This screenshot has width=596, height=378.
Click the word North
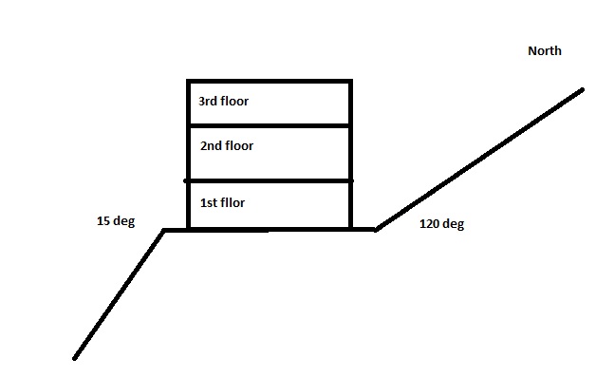pos(544,51)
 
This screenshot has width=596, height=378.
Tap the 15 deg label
pos(116,222)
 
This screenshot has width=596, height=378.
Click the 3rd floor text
pos(223,101)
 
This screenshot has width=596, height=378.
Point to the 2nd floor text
pos(227,146)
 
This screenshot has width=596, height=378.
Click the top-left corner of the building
pos(188,82)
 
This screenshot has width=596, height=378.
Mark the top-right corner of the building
pos(351,82)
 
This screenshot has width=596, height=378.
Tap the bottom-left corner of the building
pos(188,229)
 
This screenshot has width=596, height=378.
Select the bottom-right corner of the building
pos(351,229)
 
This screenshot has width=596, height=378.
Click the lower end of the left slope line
pos(74,358)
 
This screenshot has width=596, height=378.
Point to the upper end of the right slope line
pos(582,90)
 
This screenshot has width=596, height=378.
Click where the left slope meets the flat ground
pos(165,230)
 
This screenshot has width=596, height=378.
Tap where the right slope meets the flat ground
pos(377,229)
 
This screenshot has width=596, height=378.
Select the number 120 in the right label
pos(430,225)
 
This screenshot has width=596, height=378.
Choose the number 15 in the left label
pos(103,222)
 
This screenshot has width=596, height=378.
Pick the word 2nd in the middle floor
pos(212,146)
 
